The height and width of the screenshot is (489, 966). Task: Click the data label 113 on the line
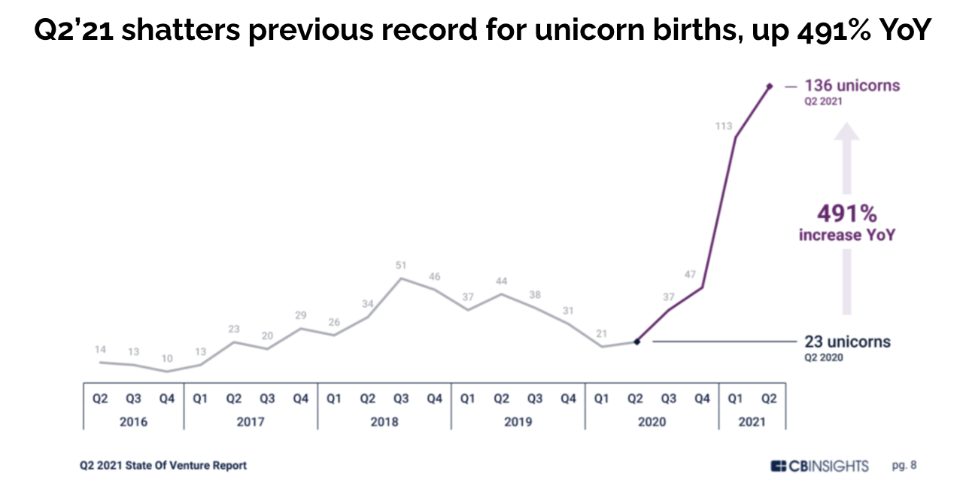pos(724,126)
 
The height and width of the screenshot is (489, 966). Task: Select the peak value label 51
pos(402,265)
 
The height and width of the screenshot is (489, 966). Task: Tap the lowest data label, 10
pos(167,358)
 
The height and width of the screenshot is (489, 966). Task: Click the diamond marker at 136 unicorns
pos(769,87)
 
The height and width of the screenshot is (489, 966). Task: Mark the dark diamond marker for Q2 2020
pos(637,342)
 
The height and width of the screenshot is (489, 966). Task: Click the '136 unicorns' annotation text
pos(852,86)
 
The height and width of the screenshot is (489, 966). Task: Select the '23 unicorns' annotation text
pos(846,342)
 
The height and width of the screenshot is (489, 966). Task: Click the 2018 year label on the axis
pos(384,422)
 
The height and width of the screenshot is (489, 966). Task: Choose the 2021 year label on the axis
pos(752,422)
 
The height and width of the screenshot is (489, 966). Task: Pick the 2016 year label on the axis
pos(133,422)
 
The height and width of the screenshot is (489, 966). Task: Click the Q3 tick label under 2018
pos(401,399)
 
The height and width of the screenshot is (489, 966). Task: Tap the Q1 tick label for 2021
pos(735,399)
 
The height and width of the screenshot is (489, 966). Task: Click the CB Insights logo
pos(819,466)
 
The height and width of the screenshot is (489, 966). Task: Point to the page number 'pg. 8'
pos(904,466)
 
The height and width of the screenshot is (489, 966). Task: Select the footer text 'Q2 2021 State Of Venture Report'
pos(163,466)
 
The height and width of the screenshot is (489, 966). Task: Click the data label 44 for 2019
pos(502,281)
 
